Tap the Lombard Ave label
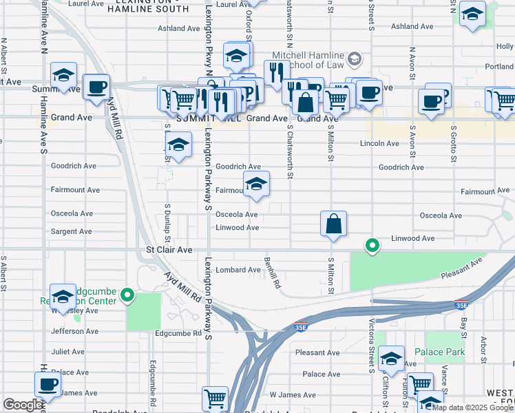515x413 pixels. click(238, 270)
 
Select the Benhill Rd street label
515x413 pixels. click(273, 273)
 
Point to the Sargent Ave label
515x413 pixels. click(72, 232)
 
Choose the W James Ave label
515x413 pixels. click(293, 395)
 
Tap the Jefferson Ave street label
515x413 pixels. click(75, 331)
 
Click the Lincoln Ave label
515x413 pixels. click(379, 144)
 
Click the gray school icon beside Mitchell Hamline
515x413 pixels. click(355, 59)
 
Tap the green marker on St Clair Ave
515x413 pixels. click(372, 245)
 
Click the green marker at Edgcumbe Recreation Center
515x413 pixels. click(127, 296)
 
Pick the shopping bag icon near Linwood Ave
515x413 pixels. click(333, 224)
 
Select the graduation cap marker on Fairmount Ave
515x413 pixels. click(256, 184)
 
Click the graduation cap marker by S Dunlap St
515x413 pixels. click(178, 145)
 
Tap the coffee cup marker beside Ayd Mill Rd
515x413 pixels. click(96, 87)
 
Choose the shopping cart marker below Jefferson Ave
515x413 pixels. click(215, 399)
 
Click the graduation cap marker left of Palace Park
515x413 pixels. click(391, 358)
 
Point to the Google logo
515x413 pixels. click(23, 405)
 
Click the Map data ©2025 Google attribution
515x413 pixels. click(472, 407)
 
